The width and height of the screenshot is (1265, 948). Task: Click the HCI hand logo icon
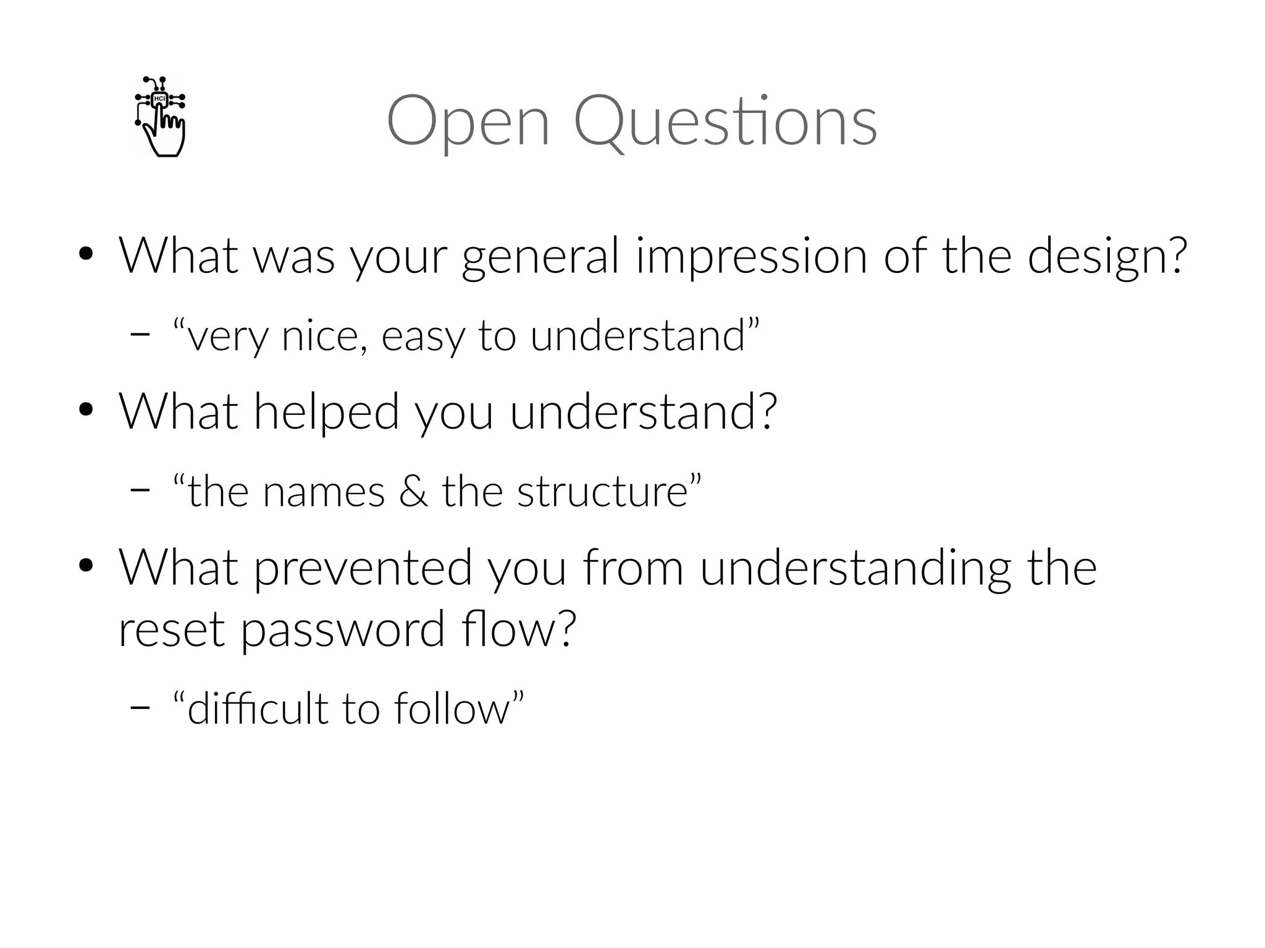point(160,116)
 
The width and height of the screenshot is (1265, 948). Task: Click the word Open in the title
point(468,121)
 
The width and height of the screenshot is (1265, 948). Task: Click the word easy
point(422,337)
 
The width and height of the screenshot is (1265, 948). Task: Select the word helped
point(326,412)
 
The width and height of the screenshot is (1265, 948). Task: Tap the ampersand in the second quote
point(413,492)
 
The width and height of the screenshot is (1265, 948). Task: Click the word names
point(324,492)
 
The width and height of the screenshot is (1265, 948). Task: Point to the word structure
point(603,492)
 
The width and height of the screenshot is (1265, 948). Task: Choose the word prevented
point(363,568)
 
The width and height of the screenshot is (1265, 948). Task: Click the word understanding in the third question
point(855,568)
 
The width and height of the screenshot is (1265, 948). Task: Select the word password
point(343,630)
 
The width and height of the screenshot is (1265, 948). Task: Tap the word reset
point(171,630)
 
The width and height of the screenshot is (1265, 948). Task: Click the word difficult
point(257,708)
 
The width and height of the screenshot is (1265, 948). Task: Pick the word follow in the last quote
point(452,708)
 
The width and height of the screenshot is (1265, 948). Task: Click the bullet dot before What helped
point(86,410)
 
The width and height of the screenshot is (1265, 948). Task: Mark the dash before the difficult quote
point(140,708)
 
